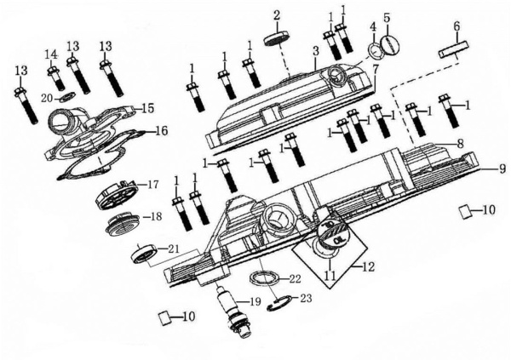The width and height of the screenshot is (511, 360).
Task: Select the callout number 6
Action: [456, 26]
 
